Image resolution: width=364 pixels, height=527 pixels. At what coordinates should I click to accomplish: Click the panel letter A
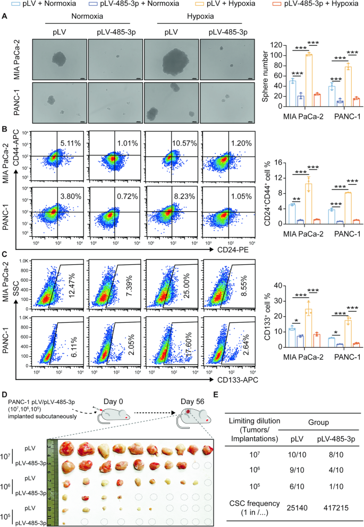pos(4,17)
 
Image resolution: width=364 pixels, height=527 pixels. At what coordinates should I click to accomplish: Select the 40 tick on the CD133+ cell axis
pos(278,286)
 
